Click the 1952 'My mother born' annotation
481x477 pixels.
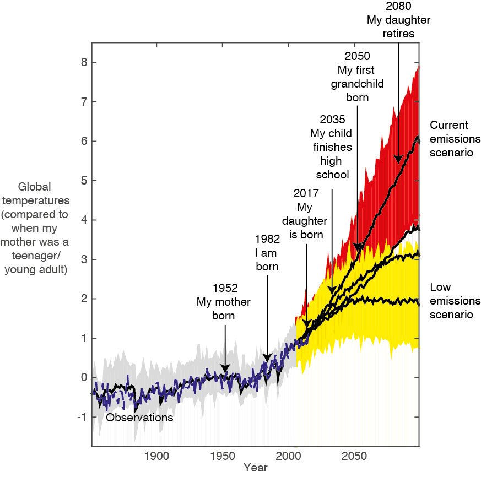point(224,302)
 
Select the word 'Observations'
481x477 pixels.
point(139,418)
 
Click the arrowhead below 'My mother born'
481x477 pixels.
point(225,368)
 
